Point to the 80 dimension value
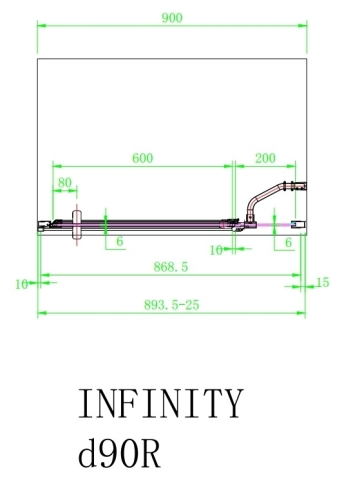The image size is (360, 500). pyautogui.click(x=65, y=182)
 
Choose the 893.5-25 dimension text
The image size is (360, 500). pyautogui.click(x=172, y=305)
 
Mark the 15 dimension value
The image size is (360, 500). pyautogui.click(x=322, y=283)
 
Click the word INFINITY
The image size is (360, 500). pyautogui.click(x=160, y=405)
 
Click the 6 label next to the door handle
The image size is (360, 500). pyautogui.click(x=119, y=242)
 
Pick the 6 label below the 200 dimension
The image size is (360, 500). pyautogui.click(x=288, y=242)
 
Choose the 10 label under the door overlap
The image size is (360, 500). pyautogui.click(x=216, y=249)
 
